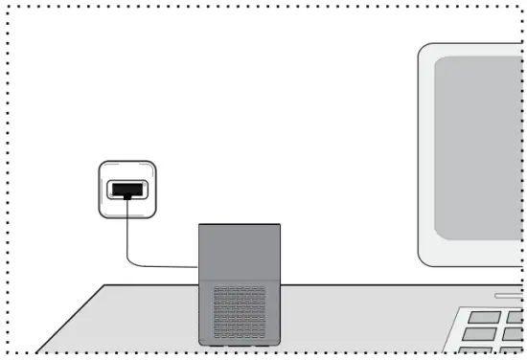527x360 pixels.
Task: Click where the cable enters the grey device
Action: pyautogui.click(x=197, y=267)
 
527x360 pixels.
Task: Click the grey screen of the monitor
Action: pyautogui.click(x=479, y=144)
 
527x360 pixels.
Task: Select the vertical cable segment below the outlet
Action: pyautogui.click(x=126, y=235)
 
